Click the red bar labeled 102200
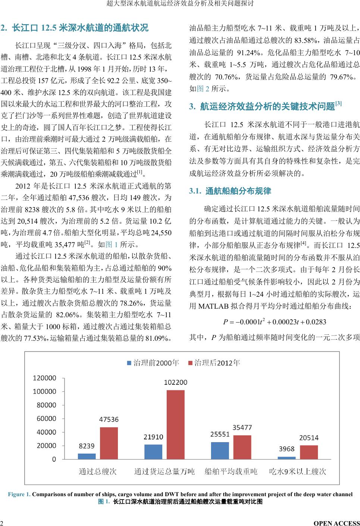[x=175, y=425]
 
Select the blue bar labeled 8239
[x=87, y=456]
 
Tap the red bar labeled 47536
[x=109, y=443]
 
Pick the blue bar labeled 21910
[x=153, y=452]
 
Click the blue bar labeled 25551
[x=220, y=450]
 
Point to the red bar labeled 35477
[x=242, y=447]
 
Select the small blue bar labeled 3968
[x=287, y=458]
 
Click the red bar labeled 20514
[x=309, y=452]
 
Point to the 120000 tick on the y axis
[x=44, y=378]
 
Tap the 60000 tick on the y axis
[x=46, y=419]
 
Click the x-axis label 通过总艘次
[x=97, y=472]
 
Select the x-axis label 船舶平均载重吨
[x=231, y=472]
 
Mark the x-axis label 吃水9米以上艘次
[x=298, y=472]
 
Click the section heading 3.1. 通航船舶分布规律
[x=230, y=191]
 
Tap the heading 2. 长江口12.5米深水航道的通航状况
[x=74, y=28]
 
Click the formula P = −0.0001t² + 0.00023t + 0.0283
[x=274, y=322]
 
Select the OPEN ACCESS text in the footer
[x=337, y=523]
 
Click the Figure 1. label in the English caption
[x=19, y=494]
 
